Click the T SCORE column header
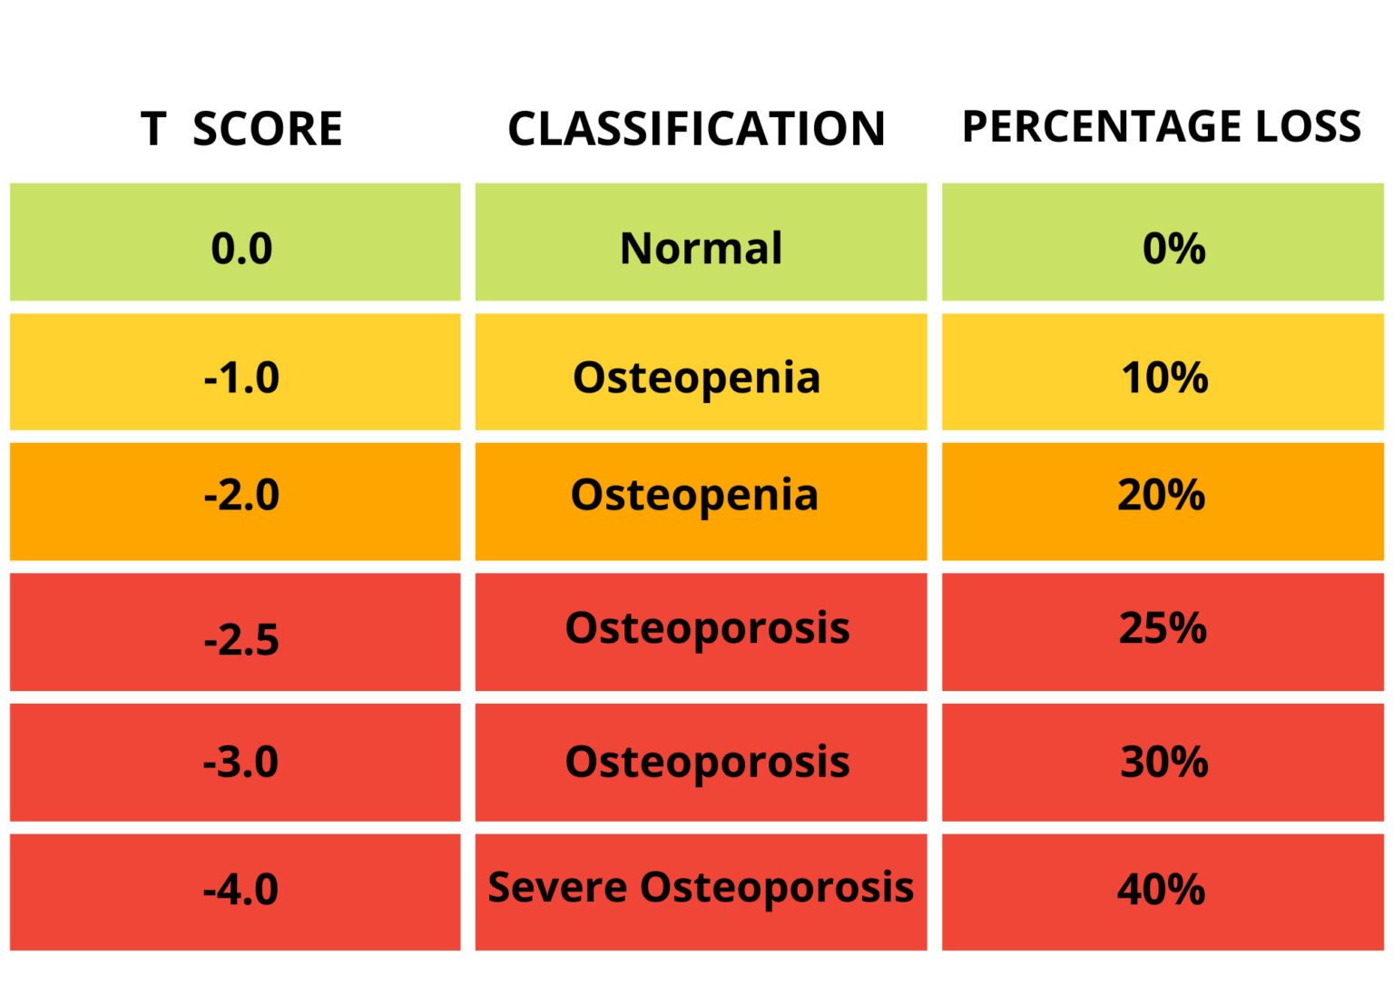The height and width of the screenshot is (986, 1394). [x=241, y=129]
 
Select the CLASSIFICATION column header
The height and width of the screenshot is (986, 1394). [x=696, y=129]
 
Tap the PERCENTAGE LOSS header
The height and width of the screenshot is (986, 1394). [x=1162, y=126]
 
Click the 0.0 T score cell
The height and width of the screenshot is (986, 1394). [x=241, y=249]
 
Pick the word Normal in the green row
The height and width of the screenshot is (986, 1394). [x=701, y=248]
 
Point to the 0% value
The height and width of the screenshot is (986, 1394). [x=1173, y=249]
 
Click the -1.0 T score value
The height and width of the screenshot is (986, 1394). [x=241, y=378]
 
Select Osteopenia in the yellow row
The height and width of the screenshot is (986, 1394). [x=696, y=378]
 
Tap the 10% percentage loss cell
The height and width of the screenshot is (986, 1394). [x=1164, y=378]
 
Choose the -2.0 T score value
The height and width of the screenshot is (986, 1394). [x=241, y=496]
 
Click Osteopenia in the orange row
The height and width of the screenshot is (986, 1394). [x=694, y=496]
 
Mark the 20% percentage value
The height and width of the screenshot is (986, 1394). [x=1161, y=496]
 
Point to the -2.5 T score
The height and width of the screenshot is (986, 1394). [x=241, y=640]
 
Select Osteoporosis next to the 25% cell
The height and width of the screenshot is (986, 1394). [x=707, y=628]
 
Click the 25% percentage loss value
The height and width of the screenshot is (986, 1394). [x=1163, y=628]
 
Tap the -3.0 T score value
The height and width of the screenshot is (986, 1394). [x=241, y=762]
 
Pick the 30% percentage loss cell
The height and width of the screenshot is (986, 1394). [x=1164, y=762]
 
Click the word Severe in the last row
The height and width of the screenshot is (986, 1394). [x=556, y=887]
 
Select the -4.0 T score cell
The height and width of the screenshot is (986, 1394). [x=241, y=890]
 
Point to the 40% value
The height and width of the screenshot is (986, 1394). [x=1161, y=890]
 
